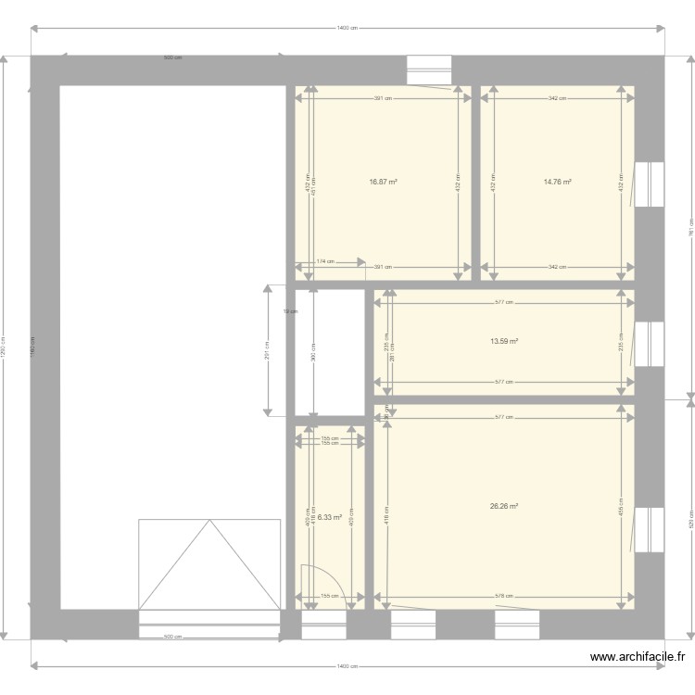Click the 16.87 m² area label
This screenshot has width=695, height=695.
pos(383,183)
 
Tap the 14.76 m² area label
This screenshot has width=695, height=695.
pos(557,183)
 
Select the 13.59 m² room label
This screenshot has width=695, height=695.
pos(504,341)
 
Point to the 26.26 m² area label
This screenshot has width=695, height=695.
pos(504,506)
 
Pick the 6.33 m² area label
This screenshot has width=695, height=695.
pos(330,517)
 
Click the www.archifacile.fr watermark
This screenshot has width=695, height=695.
pos(638,658)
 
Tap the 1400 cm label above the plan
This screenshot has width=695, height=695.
pos(347,28)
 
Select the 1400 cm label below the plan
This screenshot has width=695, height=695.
pos(347,666)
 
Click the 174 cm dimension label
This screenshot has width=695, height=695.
pos(325,262)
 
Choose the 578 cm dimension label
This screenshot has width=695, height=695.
pos(504,596)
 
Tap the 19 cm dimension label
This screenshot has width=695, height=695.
pos(290,311)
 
